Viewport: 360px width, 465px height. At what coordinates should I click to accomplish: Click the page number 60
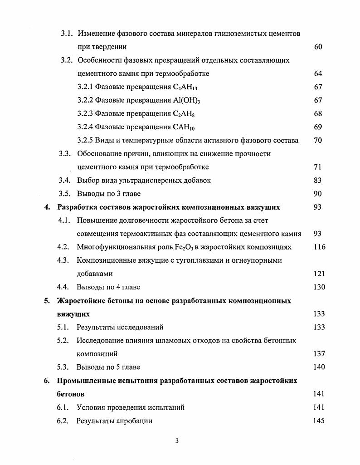(x=318, y=47)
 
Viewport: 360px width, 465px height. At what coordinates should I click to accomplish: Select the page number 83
(x=318, y=181)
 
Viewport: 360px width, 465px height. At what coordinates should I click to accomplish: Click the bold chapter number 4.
(x=46, y=207)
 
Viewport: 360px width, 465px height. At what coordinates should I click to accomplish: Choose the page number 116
(x=319, y=247)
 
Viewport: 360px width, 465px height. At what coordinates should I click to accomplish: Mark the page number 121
(x=319, y=274)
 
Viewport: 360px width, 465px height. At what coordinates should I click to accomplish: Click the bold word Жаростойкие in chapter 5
(x=80, y=301)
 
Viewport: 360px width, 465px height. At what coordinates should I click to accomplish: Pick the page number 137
(x=319, y=354)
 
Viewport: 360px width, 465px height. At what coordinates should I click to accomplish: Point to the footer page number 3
(x=177, y=443)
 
